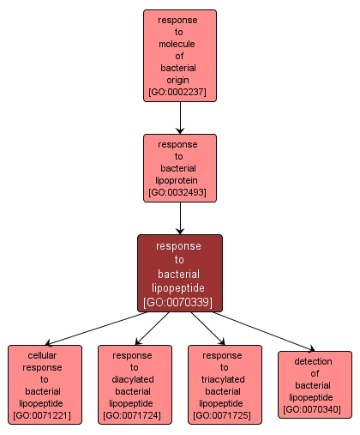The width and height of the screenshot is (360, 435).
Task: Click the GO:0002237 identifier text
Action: [x=180, y=91]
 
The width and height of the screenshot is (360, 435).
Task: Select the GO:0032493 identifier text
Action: [x=180, y=192]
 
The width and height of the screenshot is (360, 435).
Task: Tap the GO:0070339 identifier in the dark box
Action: [x=180, y=302]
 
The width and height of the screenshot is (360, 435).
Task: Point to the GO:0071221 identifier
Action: [x=45, y=415]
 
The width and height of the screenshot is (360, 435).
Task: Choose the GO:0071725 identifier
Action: [x=225, y=415]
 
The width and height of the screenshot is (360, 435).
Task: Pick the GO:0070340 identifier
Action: [x=315, y=409]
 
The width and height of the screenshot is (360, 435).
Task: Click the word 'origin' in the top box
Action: [x=180, y=78]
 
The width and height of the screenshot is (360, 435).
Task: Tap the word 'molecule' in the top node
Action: [x=180, y=42]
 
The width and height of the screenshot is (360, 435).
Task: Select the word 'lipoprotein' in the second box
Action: [x=180, y=180]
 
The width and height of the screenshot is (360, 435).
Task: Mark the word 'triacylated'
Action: [x=225, y=379]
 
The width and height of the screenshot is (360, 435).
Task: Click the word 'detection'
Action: [x=315, y=361]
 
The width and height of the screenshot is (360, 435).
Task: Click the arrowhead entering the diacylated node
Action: [x=140, y=341]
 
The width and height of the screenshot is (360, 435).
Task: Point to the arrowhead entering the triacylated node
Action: [x=220, y=341]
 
